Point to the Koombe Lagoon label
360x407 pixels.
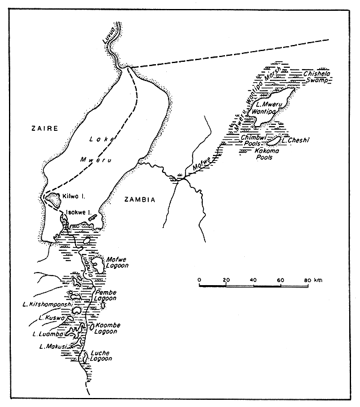pos(108,329)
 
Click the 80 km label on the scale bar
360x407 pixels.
pos(312,280)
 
